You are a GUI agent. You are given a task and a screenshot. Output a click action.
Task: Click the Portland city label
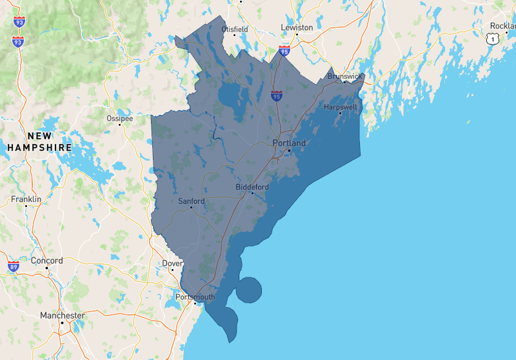pyautogui.click(x=289, y=143)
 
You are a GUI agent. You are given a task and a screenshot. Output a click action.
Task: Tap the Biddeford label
pyautogui.click(x=252, y=186)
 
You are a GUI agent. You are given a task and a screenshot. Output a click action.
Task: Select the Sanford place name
pyautogui.click(x=192, y=201)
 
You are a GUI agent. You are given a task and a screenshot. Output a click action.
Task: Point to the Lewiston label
pyautogui.click(x=297, y=28)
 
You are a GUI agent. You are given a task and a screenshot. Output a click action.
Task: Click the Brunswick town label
pyautogui.click(x=345, y=75)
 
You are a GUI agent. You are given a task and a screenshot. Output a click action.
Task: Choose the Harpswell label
pyautogui.click(x=341, y=106)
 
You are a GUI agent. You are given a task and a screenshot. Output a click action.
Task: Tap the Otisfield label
pyautogui.click(x=235, y=30)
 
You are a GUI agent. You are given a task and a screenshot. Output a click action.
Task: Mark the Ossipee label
pyautogui.click(x=120, y=119)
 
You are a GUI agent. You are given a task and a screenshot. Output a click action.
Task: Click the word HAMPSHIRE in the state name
pyautogui.click(x=40, y=148)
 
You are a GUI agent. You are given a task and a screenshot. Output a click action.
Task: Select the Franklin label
pyautogui.click(x=26, y=199)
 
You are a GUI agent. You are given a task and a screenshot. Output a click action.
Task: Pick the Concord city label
pyautogui.click(x=47, y=261)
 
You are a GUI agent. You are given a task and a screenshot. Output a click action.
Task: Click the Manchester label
pyautogui.click(x=62, y=315)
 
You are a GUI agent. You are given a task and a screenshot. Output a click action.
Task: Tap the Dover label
pyautogui.click(x=172, y=263)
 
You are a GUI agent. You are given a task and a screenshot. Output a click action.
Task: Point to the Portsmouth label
pyautogui.click(x=195, y=297)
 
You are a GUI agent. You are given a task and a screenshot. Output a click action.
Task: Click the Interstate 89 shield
pyautogui.click(x=14, y=266)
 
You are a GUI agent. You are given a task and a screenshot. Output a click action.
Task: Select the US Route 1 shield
pyautogui.click(x=493, y=39)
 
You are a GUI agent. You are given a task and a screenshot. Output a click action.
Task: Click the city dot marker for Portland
pyautogui.click(x=290, y=150)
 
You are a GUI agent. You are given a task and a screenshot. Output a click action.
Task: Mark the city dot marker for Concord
pyautogui.click(x=47, y=268)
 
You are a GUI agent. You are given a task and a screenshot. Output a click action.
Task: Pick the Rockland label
pyautogui.click(x=502, y=26)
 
